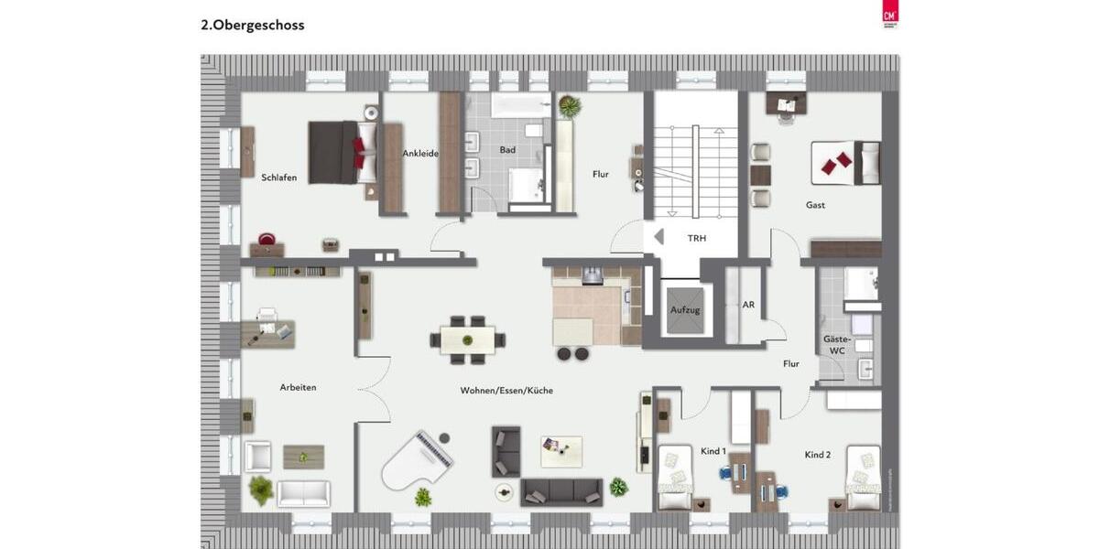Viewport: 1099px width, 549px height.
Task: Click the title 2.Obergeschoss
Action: click(x=253, y=26)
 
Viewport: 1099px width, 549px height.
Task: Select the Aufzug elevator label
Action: click(x=685, y=310)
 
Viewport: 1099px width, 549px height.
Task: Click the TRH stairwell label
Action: click(x=697, y=238)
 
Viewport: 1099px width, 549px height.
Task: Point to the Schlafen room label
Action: click(x=279, y=178)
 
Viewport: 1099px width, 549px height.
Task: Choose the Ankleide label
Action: click(x=420, y=154)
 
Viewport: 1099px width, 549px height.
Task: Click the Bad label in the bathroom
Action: click(x=507, y=149)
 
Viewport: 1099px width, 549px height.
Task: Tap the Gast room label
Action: click(x=815, y=205)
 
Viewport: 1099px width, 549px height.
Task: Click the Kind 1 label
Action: click(x=713, y=451)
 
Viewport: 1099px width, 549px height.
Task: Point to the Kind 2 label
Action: click(x=818, y=455)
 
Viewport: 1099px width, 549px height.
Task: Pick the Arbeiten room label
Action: click(x=298, y=387)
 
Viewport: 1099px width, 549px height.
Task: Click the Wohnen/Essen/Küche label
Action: click(x=506, y=391)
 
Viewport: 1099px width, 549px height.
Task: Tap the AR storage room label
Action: click(x=748, y=305)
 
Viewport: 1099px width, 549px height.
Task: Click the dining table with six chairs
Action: click(x=468, y=339)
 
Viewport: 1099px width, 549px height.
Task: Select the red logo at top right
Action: click(x=888, y=14)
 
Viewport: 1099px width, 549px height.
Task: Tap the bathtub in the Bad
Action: click(x=520, y=105)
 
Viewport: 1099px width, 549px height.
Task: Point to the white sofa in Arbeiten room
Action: click(x=303, y=493)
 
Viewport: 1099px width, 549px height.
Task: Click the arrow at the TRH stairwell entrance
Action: click(x=658, y=236)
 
